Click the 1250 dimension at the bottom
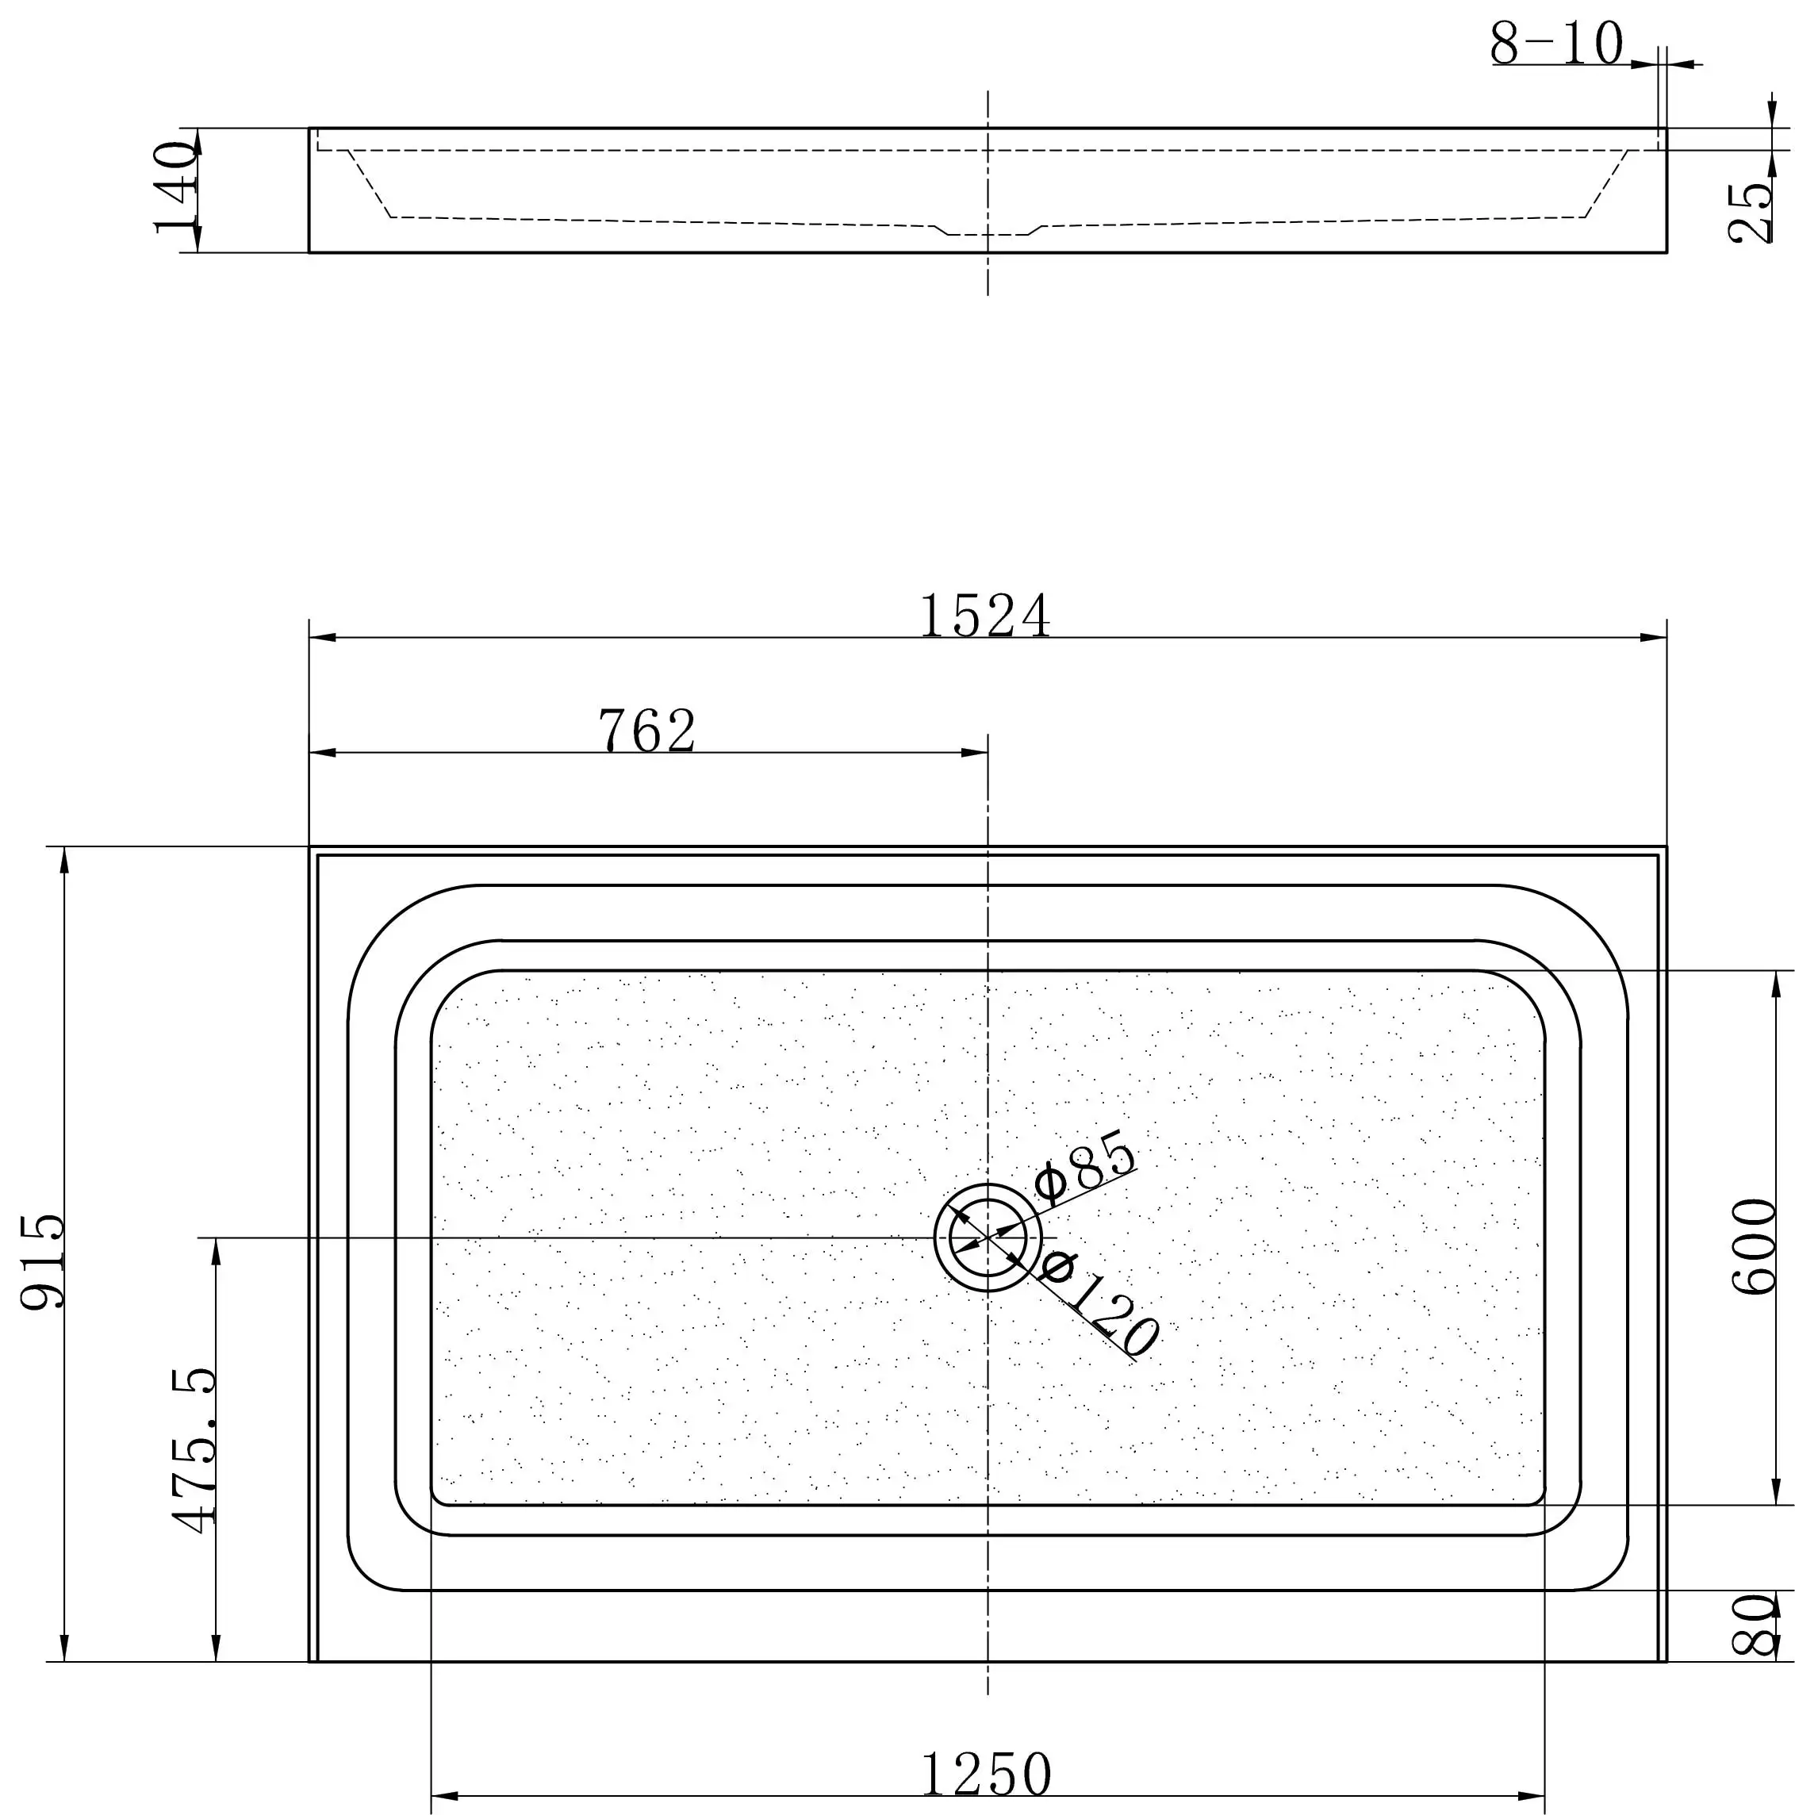tap(985, 1775)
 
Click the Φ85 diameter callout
tap(1085, 1168)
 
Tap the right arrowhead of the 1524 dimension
tap(1655, 638)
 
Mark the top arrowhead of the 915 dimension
tap(64, 858)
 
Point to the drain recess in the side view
tap(988, 231)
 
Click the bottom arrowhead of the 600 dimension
tap(1775, 1491)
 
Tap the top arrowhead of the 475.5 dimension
tap(216, 1250)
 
